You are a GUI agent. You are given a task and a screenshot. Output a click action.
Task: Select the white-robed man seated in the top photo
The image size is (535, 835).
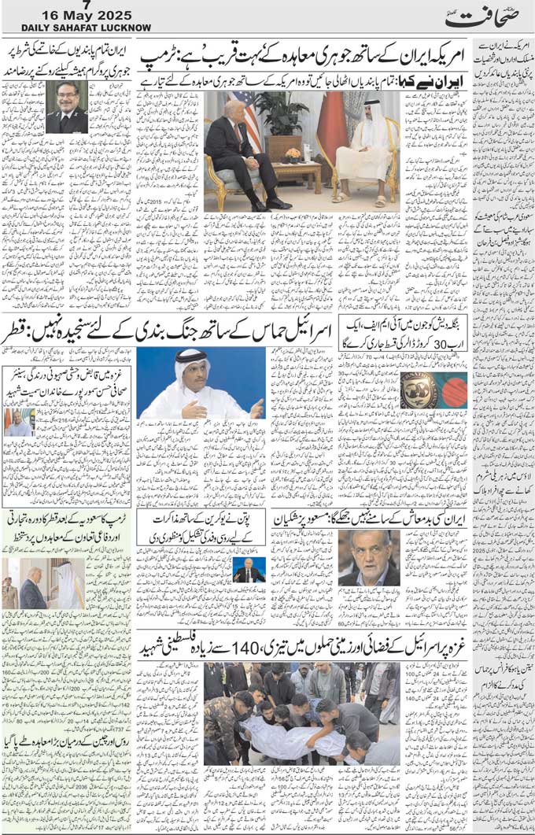364,153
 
